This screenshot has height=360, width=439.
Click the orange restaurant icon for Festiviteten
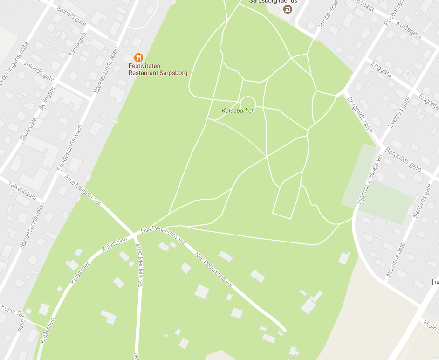(x=138, y=57)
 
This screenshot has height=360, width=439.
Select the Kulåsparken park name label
(x=238, y=111)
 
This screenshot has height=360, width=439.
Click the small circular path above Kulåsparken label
(x=247, y=103)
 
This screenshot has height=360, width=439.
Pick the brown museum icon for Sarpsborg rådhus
(x=288, y=9)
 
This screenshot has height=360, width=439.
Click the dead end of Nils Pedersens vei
(x=283, y=330)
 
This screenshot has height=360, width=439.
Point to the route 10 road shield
(x=436, y=283)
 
